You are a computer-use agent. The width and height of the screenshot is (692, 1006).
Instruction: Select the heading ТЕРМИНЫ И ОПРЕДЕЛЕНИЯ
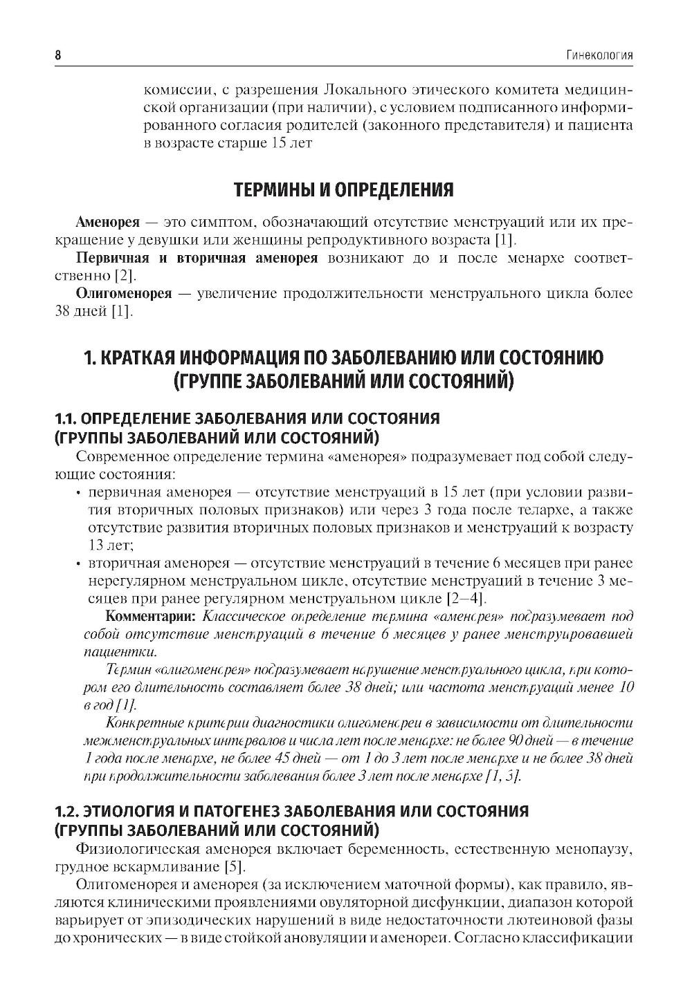point(343,189)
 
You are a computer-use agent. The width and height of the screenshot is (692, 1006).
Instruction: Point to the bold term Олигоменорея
point(123,293)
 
